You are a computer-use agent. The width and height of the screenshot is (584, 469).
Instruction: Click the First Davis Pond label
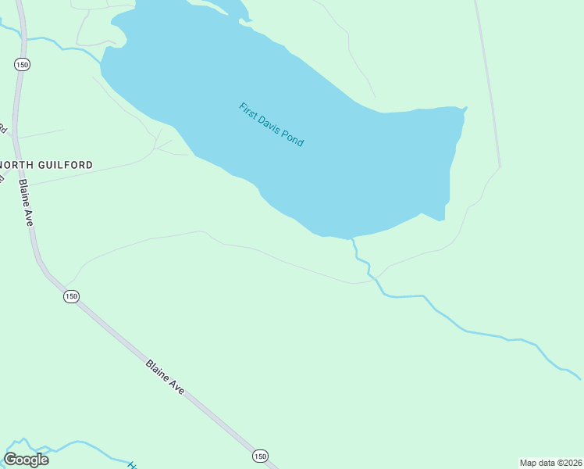coord(271,125)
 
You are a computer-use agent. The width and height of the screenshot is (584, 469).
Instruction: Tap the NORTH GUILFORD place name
coord(47,165)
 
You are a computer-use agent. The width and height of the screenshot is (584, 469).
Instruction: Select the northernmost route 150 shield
coord(21,65)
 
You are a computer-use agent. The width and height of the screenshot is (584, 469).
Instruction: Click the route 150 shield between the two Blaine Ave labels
coord(71,296)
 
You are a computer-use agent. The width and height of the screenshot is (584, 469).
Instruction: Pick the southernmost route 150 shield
coord(260,456)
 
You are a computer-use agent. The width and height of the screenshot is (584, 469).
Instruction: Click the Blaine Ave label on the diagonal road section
coord(165,376)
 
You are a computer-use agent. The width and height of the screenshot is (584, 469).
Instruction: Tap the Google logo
coord(26,459)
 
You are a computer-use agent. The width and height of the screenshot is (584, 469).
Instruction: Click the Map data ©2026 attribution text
coord(550,463)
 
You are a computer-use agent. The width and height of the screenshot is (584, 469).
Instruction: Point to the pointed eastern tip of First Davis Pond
coord(465,109)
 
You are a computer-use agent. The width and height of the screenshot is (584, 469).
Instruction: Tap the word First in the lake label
coord(247,110)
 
